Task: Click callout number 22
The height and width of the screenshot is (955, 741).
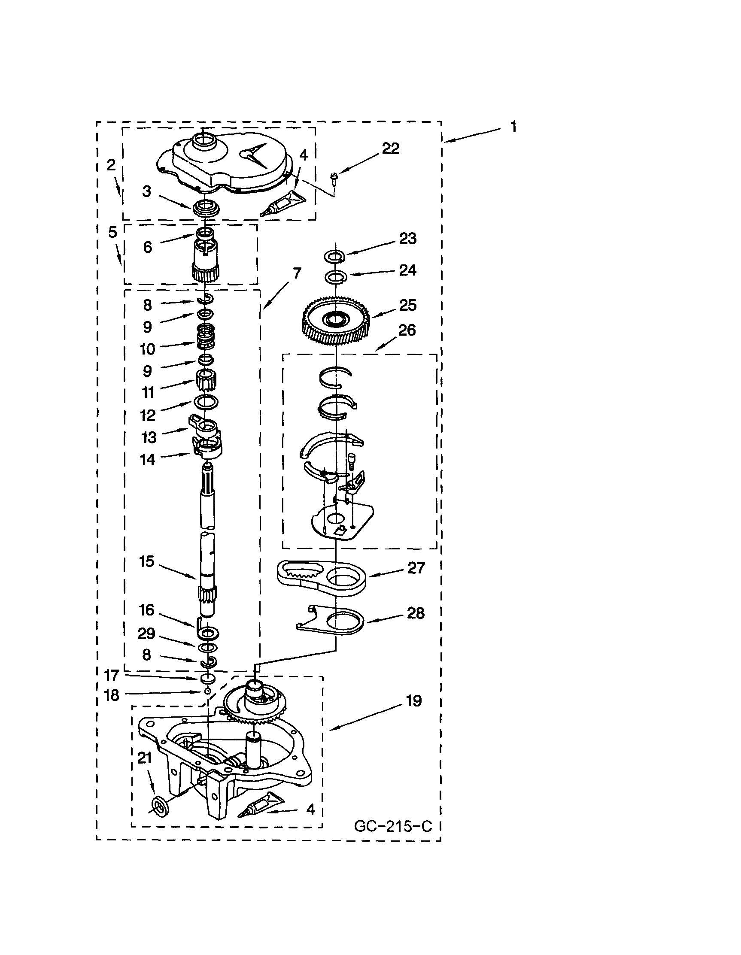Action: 390,149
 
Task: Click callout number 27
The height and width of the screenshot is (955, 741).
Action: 416,568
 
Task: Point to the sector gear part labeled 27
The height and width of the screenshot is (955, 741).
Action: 322,579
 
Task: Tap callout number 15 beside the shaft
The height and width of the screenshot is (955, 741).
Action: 147,561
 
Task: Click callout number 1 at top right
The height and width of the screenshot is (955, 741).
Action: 513,127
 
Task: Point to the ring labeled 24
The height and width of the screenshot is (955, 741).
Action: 336,276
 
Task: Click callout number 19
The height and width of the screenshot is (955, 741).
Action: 414,701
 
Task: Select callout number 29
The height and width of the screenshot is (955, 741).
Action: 146,633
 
